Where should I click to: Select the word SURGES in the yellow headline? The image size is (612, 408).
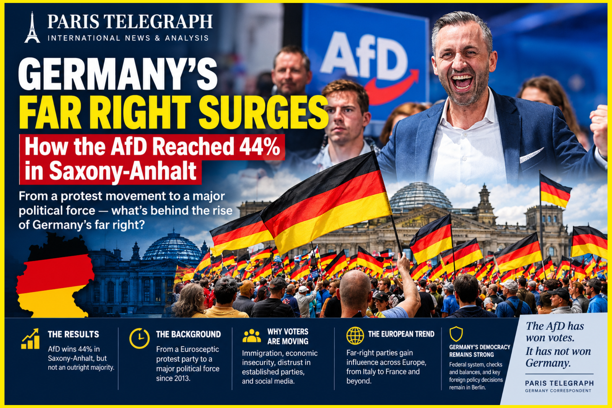point(264,112)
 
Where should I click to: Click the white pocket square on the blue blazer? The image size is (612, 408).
point(531,155)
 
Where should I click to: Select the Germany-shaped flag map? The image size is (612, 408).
point(55,276)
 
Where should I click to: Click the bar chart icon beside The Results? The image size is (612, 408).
point(31,339)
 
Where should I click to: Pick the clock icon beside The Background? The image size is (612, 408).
point(139,339)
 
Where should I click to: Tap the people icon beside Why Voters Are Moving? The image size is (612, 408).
point(251,336)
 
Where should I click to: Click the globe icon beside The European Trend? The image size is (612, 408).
point(355,335)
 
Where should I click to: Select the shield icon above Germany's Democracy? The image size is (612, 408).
point(456,334)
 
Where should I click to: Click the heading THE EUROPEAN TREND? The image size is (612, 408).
point(401,334)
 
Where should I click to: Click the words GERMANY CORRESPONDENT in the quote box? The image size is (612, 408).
point(558,391)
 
